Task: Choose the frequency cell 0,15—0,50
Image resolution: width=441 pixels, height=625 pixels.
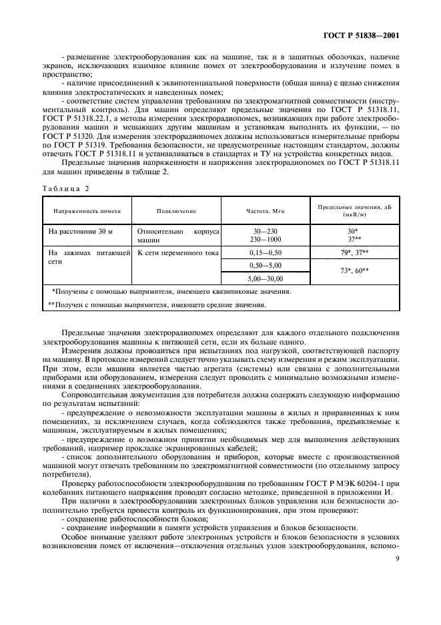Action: [x=266, y=254]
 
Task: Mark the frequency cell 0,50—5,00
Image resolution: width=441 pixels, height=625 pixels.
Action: [x=266, y=266]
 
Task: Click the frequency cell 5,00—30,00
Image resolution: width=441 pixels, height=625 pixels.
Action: [x=266, y=278]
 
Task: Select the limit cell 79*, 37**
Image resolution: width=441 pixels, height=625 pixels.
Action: [x=354, y=254]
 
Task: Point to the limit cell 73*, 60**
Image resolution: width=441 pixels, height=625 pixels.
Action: [x=354, y=272]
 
